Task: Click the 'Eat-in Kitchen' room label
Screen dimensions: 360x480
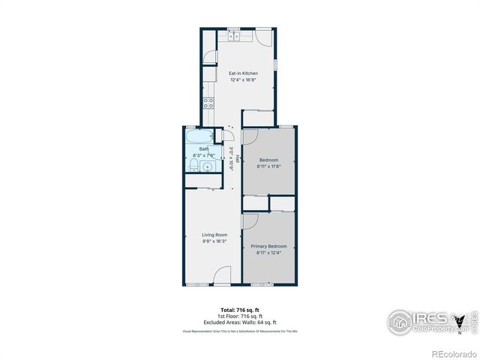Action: coord(243,73)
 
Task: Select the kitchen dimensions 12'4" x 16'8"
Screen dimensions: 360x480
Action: coord(243,79)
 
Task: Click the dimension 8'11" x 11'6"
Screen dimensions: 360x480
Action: coord(269,166)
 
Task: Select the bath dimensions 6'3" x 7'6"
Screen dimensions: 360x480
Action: coord(204,155)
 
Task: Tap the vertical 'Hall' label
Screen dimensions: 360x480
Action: coord(238,159)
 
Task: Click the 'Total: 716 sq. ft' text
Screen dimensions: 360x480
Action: coord(239,310)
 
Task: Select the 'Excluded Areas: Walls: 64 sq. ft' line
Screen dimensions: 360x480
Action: coord(239,322)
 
